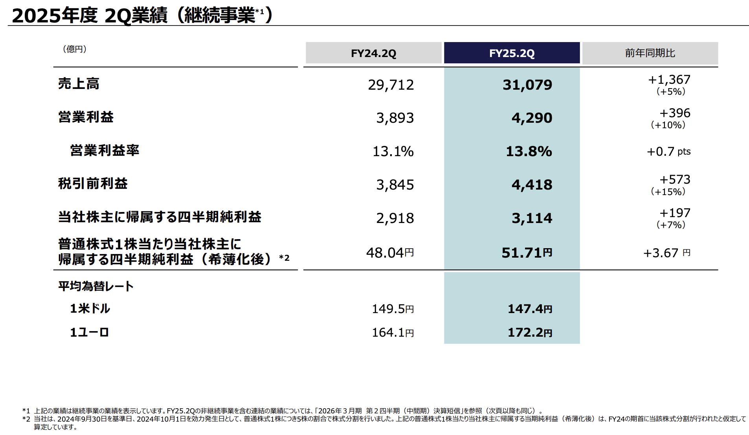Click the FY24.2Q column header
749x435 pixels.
click(373, 53)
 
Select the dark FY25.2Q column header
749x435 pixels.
click(512, 53)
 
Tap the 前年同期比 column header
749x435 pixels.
click(650, 53)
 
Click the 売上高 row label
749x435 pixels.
click(79, 84)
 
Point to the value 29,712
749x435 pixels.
click(391, 85)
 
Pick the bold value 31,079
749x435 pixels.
click(527, 85)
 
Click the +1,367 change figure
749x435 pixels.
click(669, 80)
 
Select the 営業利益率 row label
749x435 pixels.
click(105, 150)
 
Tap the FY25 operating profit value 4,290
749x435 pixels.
click(532, 118)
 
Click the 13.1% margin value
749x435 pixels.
click(393, 151)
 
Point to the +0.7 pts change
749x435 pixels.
click(668, 151)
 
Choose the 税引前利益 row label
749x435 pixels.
click(93, 184)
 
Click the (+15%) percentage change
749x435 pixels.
click(668, 192)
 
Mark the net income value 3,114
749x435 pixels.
click(532, 218)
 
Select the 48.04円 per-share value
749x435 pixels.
click(390, 253)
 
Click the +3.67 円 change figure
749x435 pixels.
click(666, 253)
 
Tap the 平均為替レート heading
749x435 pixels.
click(96, 286)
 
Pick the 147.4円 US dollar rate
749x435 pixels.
click(530, 309)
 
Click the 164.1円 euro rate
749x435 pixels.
click(393, 333)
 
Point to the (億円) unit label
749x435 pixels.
click(75, 49)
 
